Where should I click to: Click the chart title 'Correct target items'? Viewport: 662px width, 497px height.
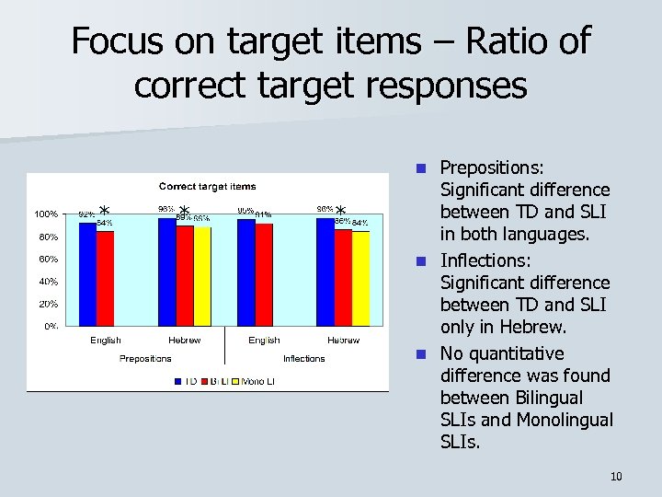tap(207, 187)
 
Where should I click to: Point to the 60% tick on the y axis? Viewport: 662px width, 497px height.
tap(47, 259)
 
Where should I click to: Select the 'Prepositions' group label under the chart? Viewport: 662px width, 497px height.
tap(145, 358)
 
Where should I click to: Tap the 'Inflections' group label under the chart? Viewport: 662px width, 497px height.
tap(303, 358)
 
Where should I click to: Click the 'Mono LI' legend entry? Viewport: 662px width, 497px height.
tap(260, 380)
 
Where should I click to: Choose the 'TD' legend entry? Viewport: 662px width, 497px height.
tap(190, 380)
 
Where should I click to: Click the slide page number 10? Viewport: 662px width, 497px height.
tap(616, 476)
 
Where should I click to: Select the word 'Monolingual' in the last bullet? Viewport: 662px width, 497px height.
tap(564, 420)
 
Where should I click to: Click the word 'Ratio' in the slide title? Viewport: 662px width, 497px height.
tap(497, 42)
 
